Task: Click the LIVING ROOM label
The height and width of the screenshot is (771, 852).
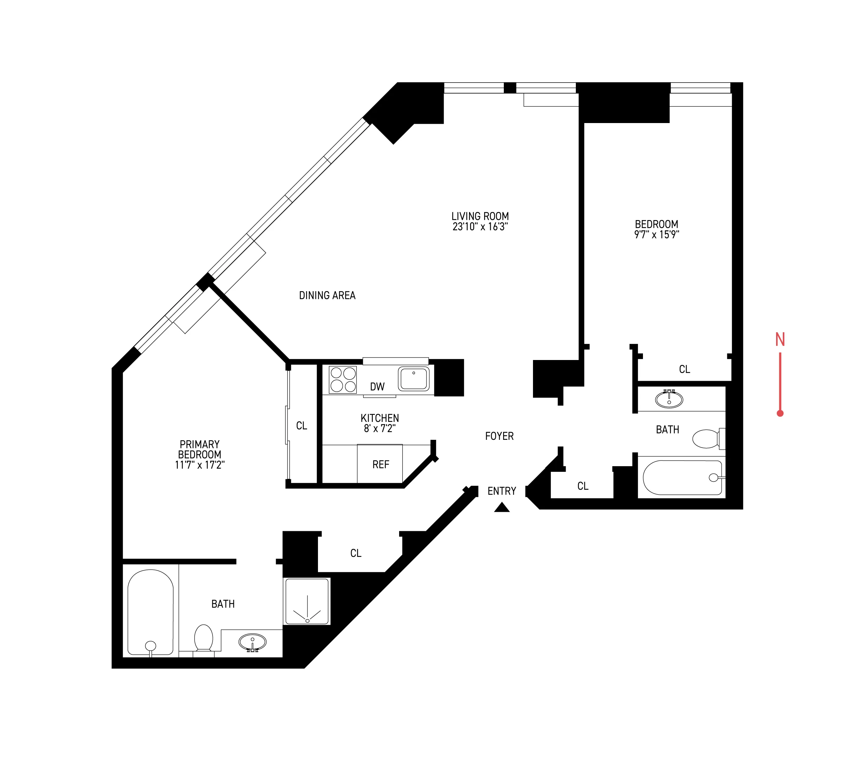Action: pyautogui.click(x=480, y=216)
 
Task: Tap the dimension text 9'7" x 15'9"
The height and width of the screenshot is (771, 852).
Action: pyautogui.click(x=656, y=235)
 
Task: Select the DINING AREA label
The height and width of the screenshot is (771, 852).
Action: pyautogui.click(x=327, y=295)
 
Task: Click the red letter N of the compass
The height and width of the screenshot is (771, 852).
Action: pyautogui.click(x=780, y=339)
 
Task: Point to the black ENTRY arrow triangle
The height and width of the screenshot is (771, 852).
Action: pyautogui.click(x=502, y=508)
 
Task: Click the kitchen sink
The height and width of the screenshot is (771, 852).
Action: pyautogui.click(x=413, y=379)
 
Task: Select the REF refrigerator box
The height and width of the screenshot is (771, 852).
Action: pyautogui.click(x=380, y=464)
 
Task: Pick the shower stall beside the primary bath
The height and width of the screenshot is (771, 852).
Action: pyautogui.click(x=307, y=601)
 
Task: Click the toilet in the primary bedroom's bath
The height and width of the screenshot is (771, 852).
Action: pyautogui.click(x=204, y=638)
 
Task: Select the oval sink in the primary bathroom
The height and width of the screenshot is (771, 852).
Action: pyautogui.click(x=252, y=642)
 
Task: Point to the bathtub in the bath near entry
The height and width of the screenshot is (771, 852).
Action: pyautogui.click(x=681, y=477)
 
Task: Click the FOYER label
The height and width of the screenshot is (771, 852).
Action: pyautogui.click(x=499, y=436)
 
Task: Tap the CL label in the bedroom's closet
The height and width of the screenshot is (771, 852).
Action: pyautogui.click(x=684, y=369)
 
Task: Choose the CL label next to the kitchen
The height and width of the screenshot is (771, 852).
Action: pyautogui.click(x=301, y=425)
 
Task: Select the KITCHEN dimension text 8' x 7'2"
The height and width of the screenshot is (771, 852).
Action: pyautogui.click(x=379, y=429)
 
